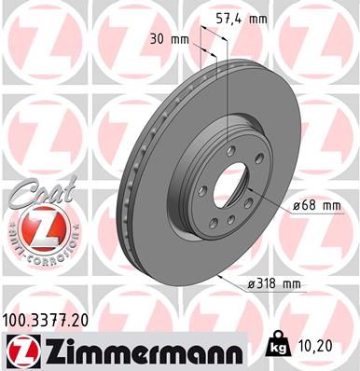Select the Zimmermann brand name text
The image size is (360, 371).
point(140,351)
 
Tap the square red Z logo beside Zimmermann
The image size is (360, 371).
point(19,350)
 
